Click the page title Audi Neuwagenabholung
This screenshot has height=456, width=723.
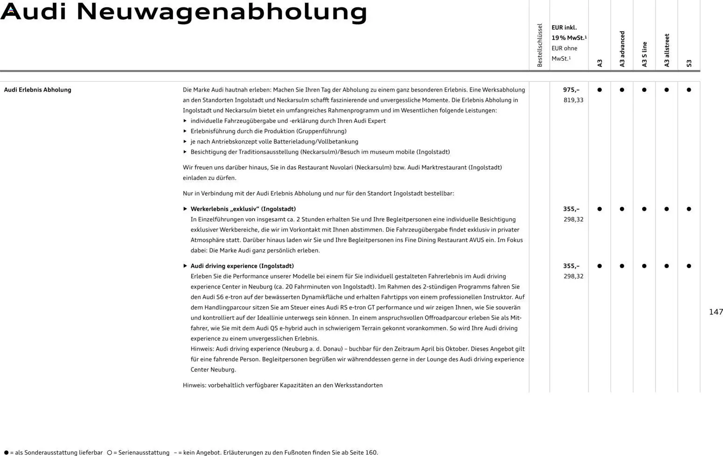point(184,12)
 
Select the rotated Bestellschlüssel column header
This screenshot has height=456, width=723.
point(540,45)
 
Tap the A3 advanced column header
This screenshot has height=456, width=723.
point(622,49)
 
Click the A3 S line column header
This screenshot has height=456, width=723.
point(644,55)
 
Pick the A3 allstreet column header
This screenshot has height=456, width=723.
point(667,50)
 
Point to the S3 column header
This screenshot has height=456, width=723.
point(689,63)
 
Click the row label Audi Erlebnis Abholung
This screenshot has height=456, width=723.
point(38,90)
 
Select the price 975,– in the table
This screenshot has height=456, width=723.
point(571,90)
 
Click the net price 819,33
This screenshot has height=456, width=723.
point(573,100)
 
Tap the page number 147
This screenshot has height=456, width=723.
point(716,312)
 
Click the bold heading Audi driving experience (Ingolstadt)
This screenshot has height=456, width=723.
point(242,266)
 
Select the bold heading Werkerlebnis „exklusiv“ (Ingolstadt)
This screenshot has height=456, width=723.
point(243,209)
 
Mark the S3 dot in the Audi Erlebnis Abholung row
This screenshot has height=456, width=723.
point(689,90)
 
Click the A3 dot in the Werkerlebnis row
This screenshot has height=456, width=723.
point(599,209)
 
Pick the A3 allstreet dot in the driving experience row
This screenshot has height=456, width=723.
point(667,266)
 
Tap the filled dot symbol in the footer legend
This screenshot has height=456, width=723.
point(6,453)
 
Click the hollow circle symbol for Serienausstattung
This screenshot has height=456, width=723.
point(110,453)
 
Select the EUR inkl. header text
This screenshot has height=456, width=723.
point(564,28)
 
